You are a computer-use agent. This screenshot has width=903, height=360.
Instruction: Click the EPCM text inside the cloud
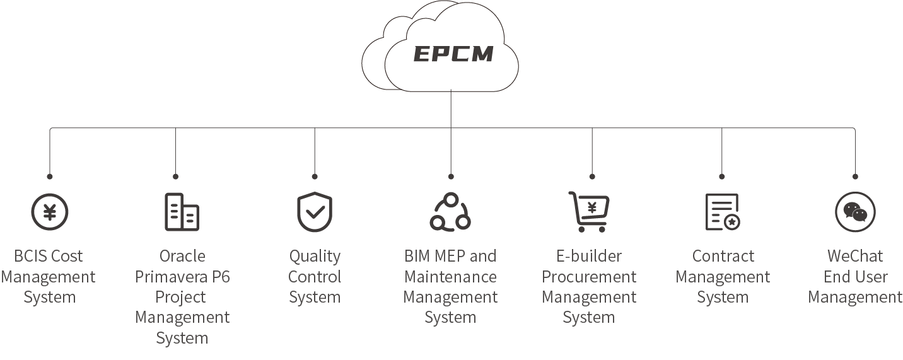(453, 54)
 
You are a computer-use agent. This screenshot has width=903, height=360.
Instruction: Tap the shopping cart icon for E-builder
(589, 211)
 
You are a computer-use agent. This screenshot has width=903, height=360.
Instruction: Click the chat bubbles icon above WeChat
(855, 212)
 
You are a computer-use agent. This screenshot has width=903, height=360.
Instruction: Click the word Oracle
(182, 257)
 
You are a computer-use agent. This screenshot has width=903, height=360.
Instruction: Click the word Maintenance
(450, 277)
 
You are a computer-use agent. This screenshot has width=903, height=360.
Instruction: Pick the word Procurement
(589, 277)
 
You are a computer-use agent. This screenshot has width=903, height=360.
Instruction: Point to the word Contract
(723, 257)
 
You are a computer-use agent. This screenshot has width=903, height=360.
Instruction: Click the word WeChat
(855, 257)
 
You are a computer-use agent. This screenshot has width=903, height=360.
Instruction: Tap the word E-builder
(589, 257)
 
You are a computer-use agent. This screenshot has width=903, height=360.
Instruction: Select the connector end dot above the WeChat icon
(855, 177)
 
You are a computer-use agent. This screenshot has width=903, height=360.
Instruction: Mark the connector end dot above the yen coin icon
(50, 177)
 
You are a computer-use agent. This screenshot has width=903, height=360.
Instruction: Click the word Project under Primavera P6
(182, 297)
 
